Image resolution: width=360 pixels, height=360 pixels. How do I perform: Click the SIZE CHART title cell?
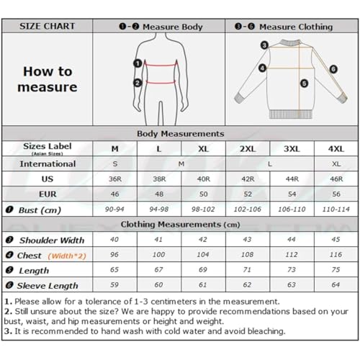[x=48, y=26]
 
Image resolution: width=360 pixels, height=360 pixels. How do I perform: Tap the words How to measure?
[x=48, y=79]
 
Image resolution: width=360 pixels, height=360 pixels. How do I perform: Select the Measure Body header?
[x=161, y=27]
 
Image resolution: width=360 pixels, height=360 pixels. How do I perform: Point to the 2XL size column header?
[x=247, y=148]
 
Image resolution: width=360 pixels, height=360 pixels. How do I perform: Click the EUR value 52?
[x=247, y=194]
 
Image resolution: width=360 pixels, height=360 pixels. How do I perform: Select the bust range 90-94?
[x=114, y=210]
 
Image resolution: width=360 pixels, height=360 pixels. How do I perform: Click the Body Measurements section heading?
[x=180, y=133]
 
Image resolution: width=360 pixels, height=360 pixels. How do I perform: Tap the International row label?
[x=48, y=164]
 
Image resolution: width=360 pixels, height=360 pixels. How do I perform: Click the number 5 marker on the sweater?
[x=304, y=83]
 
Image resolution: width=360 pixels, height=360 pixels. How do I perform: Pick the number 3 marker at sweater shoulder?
[x=264, y=45]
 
